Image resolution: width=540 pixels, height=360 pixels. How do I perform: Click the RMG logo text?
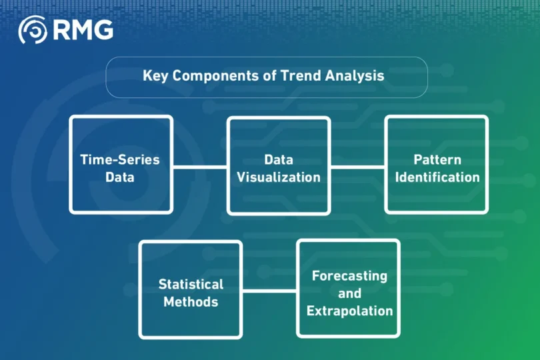(x=83, y=29)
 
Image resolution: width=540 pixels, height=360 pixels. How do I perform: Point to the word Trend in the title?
(x=301, y=75)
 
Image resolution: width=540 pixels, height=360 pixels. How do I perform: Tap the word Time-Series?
(x=120, y=159)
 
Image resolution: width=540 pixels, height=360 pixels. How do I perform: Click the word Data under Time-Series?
(x=120, y=177)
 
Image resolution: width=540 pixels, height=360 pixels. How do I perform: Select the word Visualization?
(x=279, y=177)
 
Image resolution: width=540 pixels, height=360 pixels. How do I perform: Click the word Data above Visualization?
(x=279, y=159)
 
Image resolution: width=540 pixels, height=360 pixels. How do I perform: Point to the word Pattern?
(x=437, y=159)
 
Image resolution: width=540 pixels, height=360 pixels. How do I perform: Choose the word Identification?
(x=437, y=177)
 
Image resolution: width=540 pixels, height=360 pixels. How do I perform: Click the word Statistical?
(x=191, y=284)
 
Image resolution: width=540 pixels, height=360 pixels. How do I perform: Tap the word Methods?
(x=191, y=302)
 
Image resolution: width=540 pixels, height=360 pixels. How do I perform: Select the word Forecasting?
(x=349, y=276)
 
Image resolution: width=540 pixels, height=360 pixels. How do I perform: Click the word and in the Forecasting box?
(x=349, y=293)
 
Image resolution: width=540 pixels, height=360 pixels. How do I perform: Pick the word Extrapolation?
(x=349, y=311)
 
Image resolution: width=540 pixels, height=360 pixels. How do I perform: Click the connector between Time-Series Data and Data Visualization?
(x=200, y=167)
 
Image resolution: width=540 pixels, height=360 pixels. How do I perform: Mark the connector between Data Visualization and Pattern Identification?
(x=358, y=167)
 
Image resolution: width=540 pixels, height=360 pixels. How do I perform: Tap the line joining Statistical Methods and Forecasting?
(x=269, y=291)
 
